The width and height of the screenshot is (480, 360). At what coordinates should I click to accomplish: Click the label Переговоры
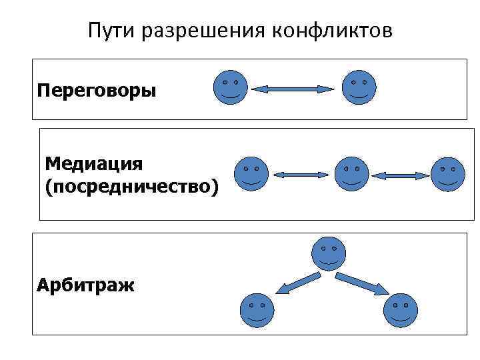coord(97,89)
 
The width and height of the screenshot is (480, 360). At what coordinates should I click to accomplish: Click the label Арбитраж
coord(85,286)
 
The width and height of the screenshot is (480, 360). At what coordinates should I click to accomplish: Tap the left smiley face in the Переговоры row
coord(230,87)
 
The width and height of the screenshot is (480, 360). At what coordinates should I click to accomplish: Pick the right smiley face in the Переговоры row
coord(359,87)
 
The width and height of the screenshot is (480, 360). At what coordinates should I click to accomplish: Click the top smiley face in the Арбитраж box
coord(328,253)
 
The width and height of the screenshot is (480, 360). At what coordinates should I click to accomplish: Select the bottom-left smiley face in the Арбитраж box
coord(255,310)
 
